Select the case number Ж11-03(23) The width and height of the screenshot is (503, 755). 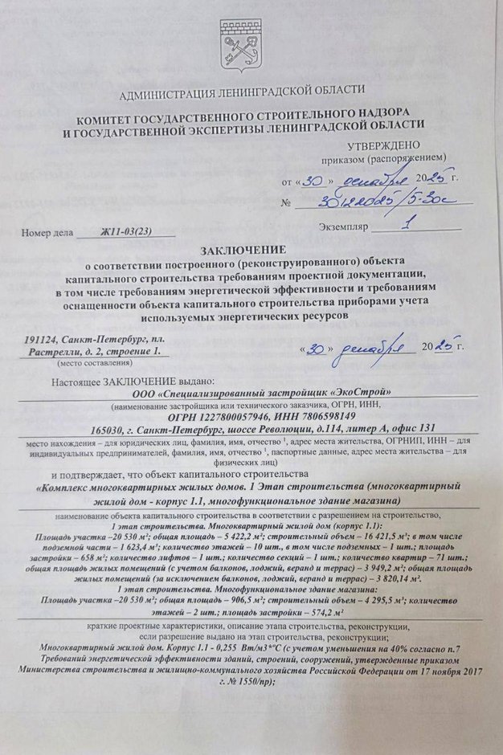pyautogui.click(x=125, y=234)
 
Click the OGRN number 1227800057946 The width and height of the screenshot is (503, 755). pyautogui.click(x=230, y=416)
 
